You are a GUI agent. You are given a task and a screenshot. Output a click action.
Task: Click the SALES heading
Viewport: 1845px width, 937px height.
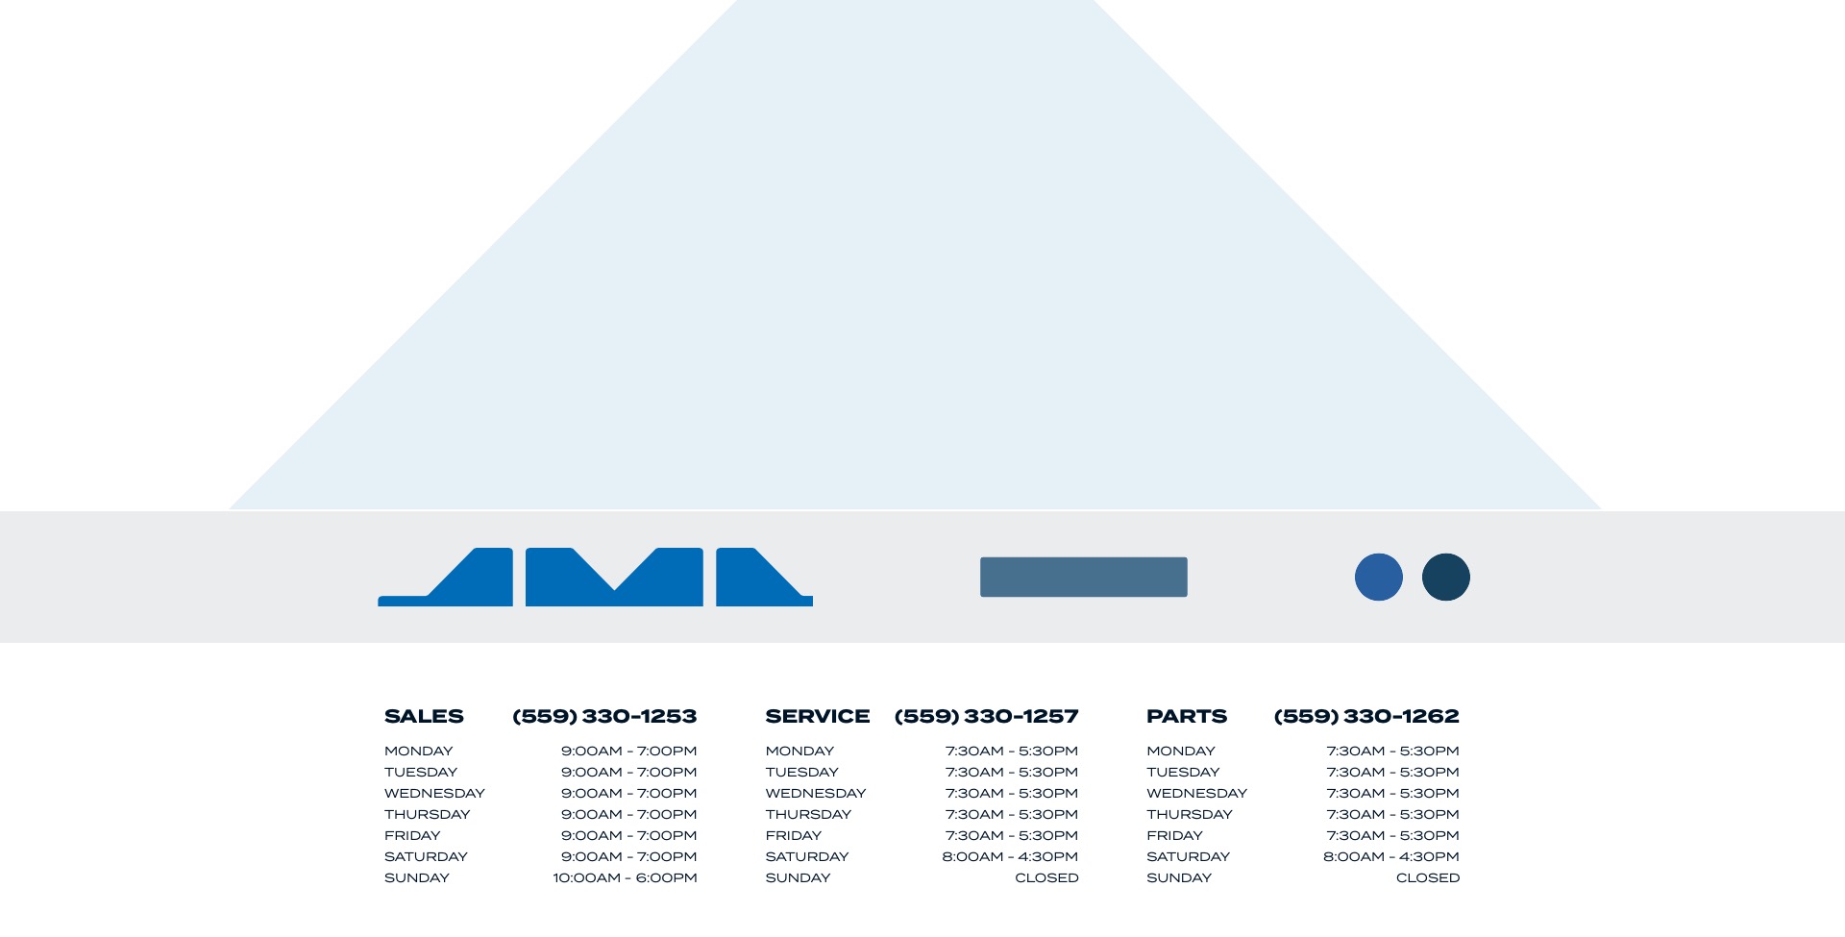(424, 716)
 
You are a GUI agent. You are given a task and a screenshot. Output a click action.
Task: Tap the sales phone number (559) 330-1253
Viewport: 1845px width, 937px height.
(604, 716)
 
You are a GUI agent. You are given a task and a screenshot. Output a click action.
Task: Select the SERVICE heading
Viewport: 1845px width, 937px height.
(818, 716)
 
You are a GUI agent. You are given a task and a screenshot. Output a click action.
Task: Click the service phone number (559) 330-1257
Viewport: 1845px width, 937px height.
(986, 716)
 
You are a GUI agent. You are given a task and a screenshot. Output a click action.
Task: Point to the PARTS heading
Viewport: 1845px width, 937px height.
(1187, 716)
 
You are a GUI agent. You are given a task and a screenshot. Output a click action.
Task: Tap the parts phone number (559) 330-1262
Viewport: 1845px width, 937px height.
(1366, 716)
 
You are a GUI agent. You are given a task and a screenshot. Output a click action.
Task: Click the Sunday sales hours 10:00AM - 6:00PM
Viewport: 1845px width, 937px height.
(625, 877)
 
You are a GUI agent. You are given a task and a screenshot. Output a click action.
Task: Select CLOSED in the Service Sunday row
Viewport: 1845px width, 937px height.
(1046, 877)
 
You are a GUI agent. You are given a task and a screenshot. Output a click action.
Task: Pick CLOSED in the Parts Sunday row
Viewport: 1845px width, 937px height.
(1428, 877)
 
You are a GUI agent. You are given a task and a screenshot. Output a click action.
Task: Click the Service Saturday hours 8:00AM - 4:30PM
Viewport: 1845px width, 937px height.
(1010, 856)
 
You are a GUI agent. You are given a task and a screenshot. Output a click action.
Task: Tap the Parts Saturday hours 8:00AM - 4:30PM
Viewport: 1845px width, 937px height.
(1391, 856)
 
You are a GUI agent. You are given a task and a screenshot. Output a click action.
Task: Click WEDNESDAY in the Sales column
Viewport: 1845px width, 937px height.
(434, 793)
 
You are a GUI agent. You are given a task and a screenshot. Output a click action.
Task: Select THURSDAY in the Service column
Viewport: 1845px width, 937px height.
(808, 814)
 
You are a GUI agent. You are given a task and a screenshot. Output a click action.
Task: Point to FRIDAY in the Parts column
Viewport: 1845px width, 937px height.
(1174, 835)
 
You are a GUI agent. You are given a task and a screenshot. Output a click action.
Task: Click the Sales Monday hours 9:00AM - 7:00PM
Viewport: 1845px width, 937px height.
(629, 751)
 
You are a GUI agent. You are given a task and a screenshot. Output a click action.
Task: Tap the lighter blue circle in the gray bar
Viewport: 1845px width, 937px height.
(1379, 578)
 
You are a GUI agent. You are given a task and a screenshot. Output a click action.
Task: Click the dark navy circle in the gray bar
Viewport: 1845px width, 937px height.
(1446, 578)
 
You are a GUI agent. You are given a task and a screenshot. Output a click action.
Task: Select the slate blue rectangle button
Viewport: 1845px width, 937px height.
(1084, 577)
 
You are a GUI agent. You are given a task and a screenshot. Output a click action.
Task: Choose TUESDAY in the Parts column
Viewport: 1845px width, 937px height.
(1183, 772)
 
